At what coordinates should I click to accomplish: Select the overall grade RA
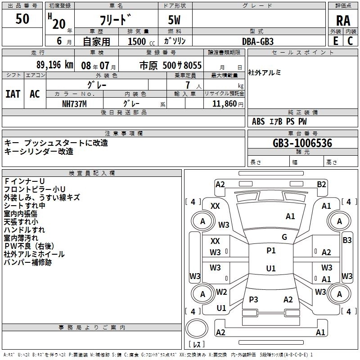pyautogui.click(x=343, y=21)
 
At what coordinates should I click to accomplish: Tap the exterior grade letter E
pyautogui.click(x=335, y=40)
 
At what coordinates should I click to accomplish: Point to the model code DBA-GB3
pyautogui.click(x=258, y=41)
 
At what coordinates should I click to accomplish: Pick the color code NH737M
pyautogui.click(x=75, y=103)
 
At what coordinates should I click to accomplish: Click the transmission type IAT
pyautogui.click(x=13, y=94)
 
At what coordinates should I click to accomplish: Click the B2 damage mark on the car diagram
pyautogui.click(x=321, y=184)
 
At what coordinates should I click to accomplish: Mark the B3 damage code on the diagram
pyautogui.click(x=347, y=240)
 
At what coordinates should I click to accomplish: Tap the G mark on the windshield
pyautogui.click(x=284, y=237)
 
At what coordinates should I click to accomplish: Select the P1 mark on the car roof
pyautogui.click(x=271, y=251)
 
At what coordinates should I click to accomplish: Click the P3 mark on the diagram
pyautogui.click(x=253, y=299)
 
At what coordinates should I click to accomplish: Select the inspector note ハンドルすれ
pyautogui.click(x=24, y=230)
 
